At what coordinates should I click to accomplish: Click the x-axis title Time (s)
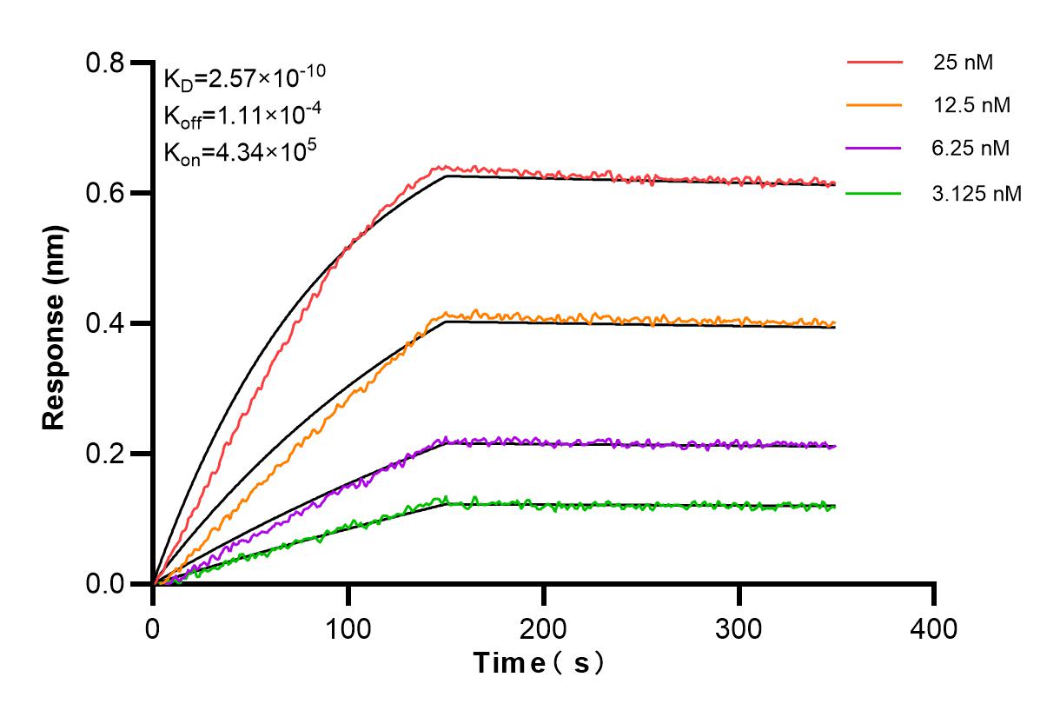click(x=539, y=663)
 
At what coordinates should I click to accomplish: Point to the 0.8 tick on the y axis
click(x=106, y=63)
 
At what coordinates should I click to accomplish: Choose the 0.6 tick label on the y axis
click(x=106, y=193)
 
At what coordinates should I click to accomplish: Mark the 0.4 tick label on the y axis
click(x=106, y=323)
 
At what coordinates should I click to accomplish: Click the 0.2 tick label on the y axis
click(x=106, y=454)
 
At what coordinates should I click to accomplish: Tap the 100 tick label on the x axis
click(x=348, y=627)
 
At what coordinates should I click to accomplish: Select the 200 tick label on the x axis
click(x=544, y=627)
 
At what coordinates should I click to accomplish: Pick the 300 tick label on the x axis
click(x=739, y=627)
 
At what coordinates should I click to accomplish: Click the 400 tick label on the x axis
click(x=935, y=627)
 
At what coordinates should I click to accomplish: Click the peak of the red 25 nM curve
click(x=444, y=166)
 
